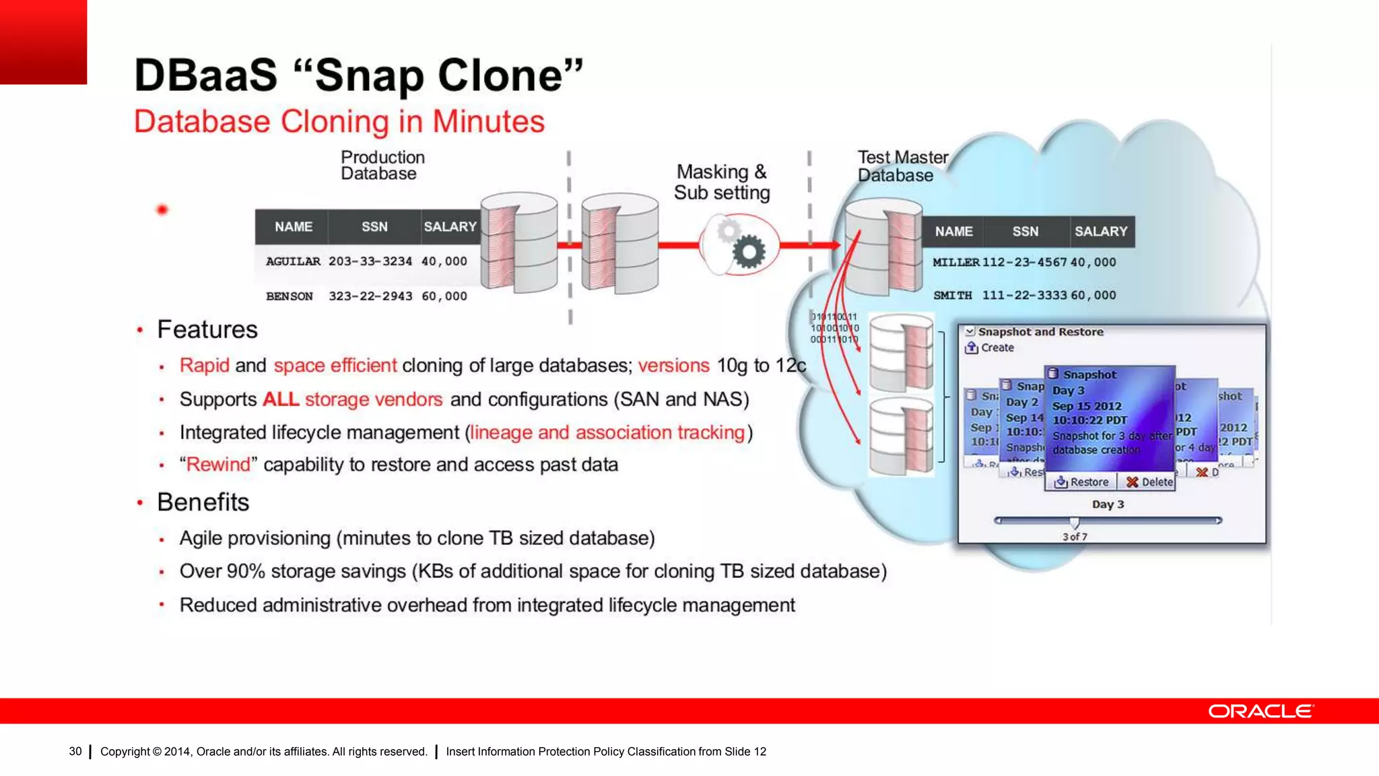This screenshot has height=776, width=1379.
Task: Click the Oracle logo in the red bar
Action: point(1260,711)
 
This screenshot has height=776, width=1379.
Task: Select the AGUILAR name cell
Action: point(293,261)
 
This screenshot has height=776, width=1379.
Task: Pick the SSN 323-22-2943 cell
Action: point(370,296)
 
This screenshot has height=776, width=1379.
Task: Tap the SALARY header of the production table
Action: point(450,227)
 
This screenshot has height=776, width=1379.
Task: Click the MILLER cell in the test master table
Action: point(955,263)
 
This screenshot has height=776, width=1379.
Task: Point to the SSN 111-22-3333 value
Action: point(1024,296)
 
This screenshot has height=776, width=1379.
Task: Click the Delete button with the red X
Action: point(1149,482)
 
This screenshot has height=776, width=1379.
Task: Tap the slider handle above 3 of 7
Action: point(1075,522)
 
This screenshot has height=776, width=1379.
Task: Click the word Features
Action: point(207,330)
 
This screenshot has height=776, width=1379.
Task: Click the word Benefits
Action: point(203,503)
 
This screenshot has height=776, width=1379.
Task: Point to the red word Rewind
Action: point(218,465)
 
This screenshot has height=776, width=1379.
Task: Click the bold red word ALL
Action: point(281,399)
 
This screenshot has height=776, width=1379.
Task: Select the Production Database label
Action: point(382,166)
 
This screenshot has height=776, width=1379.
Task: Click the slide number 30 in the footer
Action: point(75,752)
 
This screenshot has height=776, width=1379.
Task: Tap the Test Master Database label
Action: point(902,166)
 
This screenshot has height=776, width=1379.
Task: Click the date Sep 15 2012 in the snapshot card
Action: point(1087,406)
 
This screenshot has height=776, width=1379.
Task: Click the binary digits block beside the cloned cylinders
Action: point(834,328)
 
